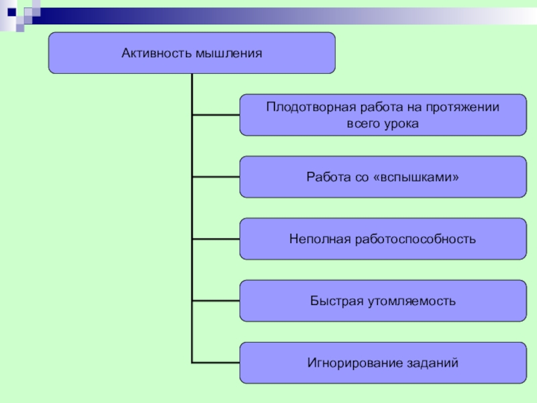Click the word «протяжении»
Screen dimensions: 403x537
coord(468,107)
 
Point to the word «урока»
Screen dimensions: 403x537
coord(401,124)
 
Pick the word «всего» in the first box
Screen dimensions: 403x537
coord(363,124)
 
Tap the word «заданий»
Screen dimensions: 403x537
coord(432,363)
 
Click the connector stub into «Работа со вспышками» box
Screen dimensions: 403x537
coord(215,177)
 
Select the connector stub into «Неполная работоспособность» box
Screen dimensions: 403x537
coord(215,239)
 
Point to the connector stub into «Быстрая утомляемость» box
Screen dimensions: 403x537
coord(215,301)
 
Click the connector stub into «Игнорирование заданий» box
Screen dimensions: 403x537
coord(215,363)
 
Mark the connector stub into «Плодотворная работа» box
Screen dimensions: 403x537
coord(215,115)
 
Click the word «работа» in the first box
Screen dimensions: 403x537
coord(382,107)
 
